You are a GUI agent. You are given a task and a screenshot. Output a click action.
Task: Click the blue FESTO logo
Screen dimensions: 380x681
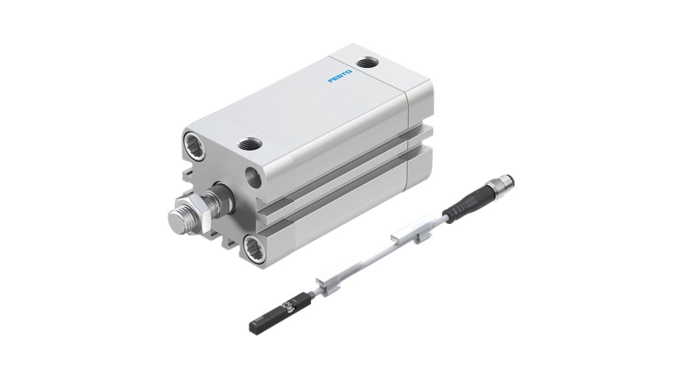[340, 77]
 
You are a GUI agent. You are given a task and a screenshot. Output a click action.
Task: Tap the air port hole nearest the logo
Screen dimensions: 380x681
[366, 64]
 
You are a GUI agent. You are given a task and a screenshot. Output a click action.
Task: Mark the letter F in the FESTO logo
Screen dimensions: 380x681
[330, 82]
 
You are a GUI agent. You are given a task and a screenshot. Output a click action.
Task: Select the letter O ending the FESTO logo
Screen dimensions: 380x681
[350, 72]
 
